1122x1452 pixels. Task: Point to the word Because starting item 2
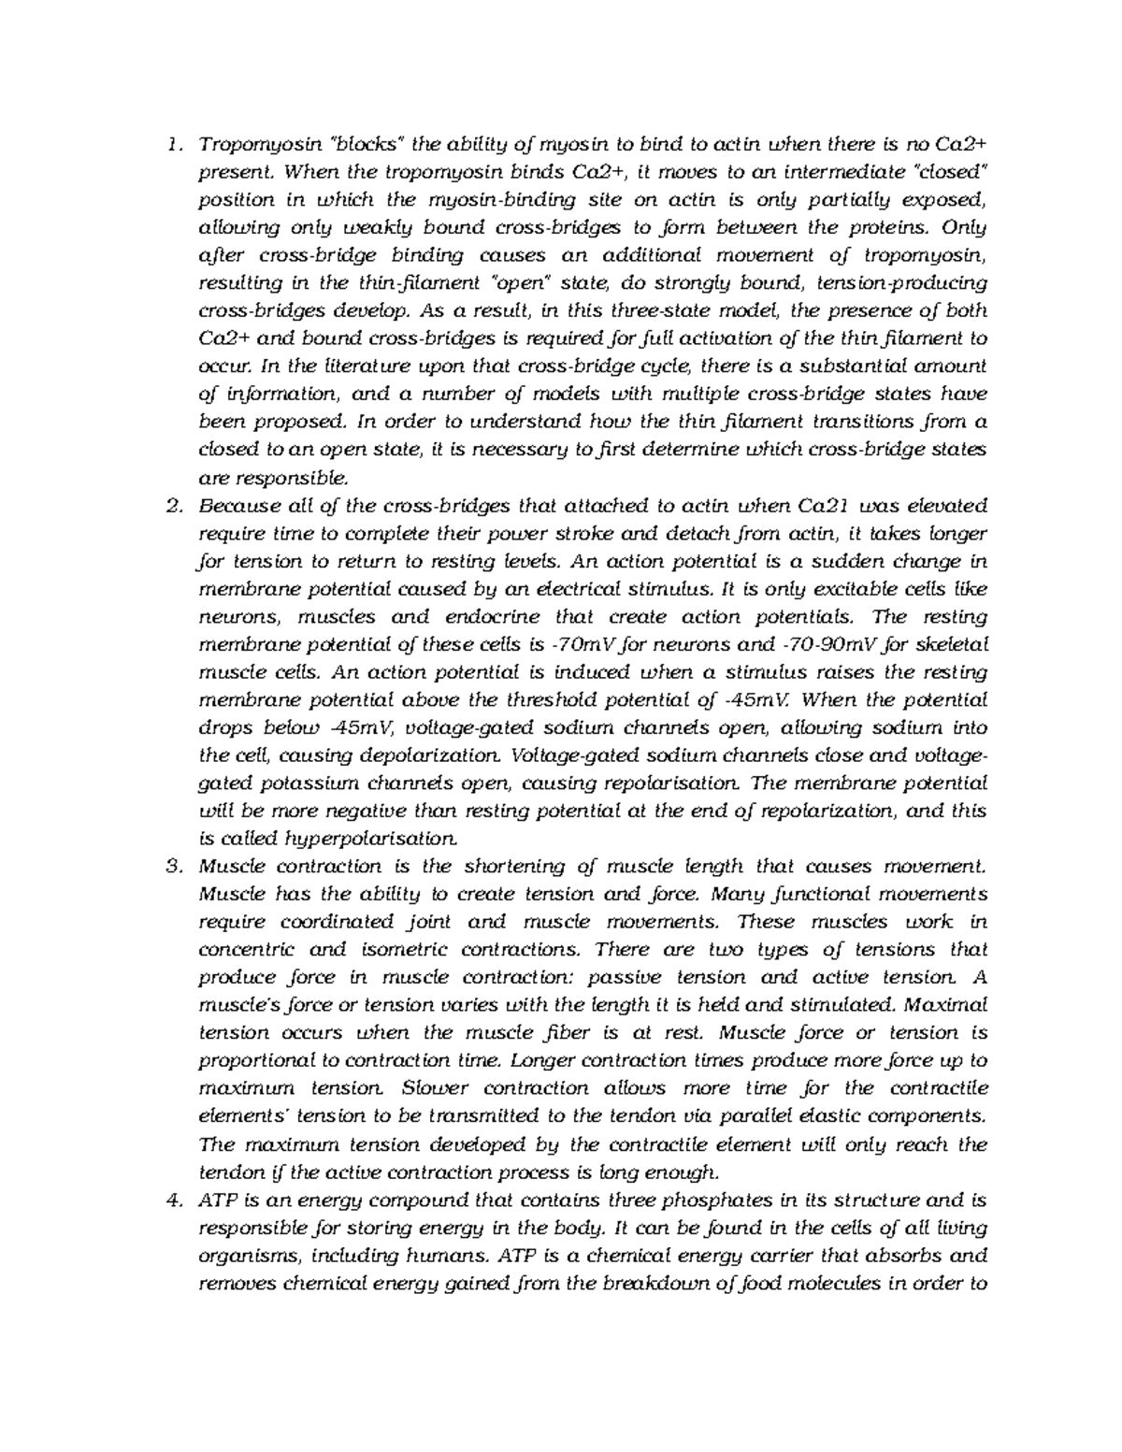237,507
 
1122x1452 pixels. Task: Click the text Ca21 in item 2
821,507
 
